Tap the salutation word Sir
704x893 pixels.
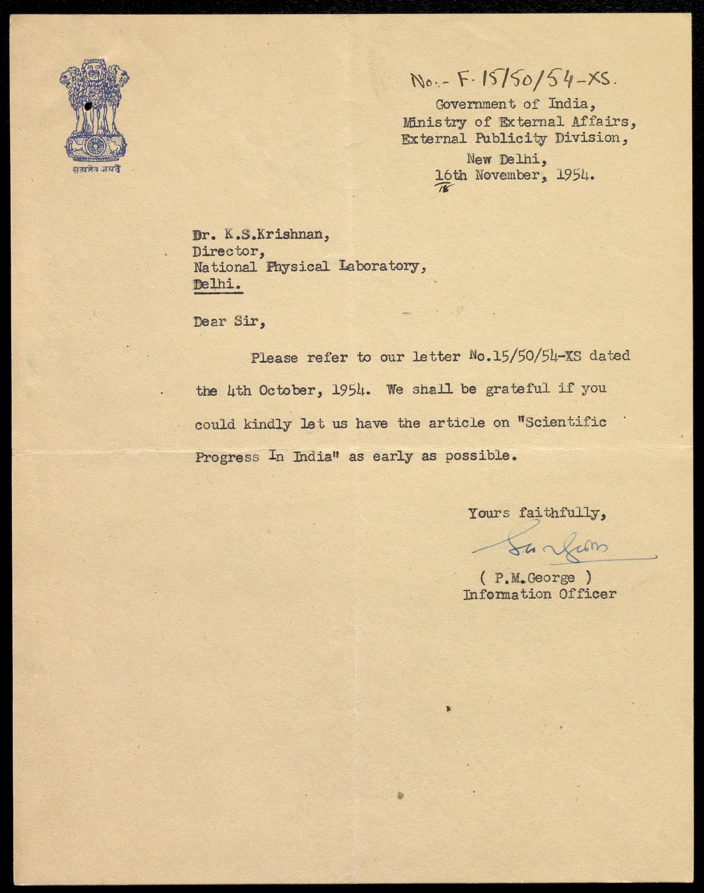tap(249, 322)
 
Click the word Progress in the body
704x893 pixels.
tap(227, 457)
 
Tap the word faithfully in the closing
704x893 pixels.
tap(561, 514)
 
